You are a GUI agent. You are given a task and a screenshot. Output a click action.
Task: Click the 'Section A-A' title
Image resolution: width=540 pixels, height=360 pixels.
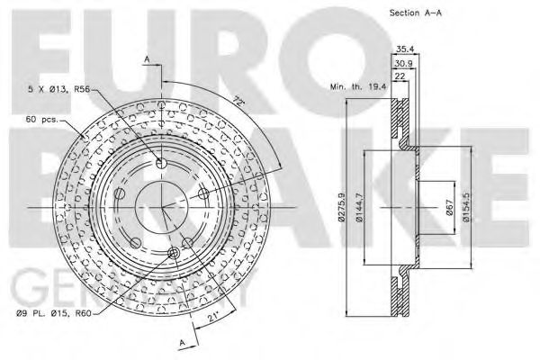coord(417,14)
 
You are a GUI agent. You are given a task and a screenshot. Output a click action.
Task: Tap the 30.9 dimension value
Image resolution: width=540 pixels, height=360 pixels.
coord(402,64)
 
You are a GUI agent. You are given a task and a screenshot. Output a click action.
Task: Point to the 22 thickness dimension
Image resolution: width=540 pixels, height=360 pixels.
coord(399,78)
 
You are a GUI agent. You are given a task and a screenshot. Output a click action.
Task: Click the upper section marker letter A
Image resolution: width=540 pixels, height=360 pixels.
coord(146,58)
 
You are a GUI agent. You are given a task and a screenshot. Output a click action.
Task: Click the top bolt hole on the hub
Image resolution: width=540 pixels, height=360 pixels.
coord(162,163)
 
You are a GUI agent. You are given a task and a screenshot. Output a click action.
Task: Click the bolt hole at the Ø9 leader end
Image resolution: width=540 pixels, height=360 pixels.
coord(187,241)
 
